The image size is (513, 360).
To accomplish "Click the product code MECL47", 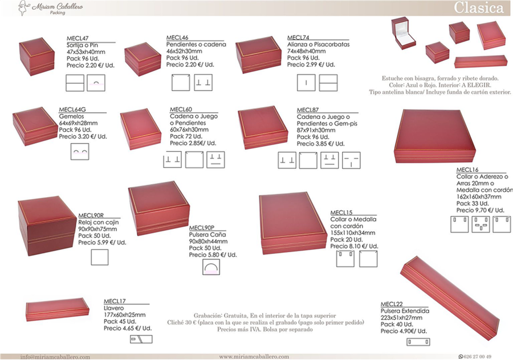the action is pos(78,38).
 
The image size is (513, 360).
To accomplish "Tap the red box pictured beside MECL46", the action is pos(142,59).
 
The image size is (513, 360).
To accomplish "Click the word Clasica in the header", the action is pos(478,8).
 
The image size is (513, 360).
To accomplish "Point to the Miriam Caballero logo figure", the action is pos(22,8).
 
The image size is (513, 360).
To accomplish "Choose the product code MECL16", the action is pos(467,170).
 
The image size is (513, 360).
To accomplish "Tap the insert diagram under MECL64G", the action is pos(80,152).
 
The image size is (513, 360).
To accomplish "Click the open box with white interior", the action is pos(403,32).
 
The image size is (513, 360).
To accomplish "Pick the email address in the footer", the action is pos(55,357).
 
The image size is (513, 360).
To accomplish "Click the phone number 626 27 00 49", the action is pos(477,357).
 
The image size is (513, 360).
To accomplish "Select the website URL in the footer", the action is pos(254,357).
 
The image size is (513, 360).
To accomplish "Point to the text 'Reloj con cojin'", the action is pos(99,222).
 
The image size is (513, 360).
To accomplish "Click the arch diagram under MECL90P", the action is pos(211,267).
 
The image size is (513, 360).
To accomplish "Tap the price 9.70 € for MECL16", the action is pos(483,210).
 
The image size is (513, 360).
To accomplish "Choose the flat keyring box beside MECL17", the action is pos(57,309).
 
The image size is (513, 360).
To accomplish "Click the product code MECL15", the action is pos(341,212).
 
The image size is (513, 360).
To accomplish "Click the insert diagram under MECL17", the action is pos(141,339).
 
